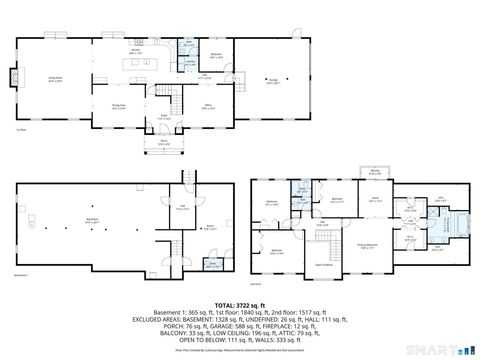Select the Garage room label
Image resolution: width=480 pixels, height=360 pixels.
click(x=273, y=81)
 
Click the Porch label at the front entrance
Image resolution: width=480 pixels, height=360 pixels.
click(x=163, y=142)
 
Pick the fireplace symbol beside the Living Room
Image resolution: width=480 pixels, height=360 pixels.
click(x=13, y=76)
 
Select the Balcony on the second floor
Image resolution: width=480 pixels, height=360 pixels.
click(x=375, y=172)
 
